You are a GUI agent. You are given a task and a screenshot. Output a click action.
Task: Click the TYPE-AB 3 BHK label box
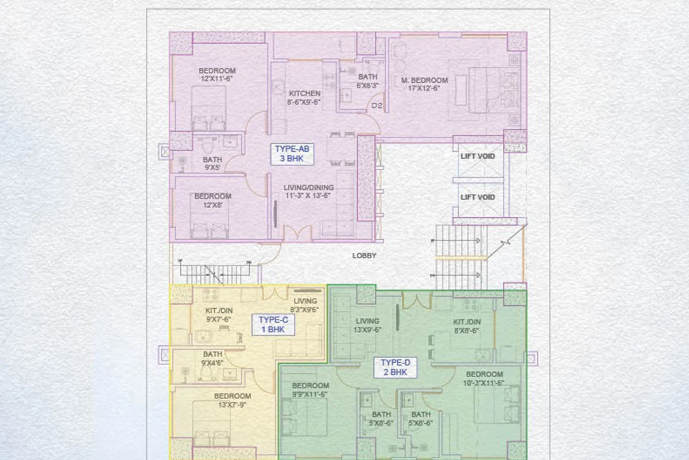[x=293, y=154]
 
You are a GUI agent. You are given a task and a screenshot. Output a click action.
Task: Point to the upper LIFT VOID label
[x=478, y=156]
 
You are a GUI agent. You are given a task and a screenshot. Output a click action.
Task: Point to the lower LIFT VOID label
[x=478, y=197]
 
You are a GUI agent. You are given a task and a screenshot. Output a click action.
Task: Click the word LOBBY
[x=364, y=256]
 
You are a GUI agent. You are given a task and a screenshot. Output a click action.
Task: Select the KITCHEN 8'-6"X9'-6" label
[x=304, y=98]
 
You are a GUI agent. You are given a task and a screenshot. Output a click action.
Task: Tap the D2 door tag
[x=377, y=106]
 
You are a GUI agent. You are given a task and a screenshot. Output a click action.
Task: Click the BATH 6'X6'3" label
[x=367, y=81]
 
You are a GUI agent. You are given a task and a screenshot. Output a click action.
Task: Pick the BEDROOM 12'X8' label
[x=212, y=200]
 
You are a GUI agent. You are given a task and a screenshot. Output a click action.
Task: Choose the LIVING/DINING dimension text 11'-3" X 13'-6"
[x=309, y=195]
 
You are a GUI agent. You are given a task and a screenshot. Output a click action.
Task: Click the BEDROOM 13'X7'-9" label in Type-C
[x=233, y=400]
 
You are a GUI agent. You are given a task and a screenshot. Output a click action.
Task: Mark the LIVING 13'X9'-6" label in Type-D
[x=367, y=325]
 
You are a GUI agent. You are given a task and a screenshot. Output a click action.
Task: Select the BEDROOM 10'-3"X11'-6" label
[x=484, y=378]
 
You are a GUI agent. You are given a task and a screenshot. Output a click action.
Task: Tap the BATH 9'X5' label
[x=212, y=164]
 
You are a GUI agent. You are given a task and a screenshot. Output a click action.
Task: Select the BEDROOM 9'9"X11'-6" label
[x=310, y=390]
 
